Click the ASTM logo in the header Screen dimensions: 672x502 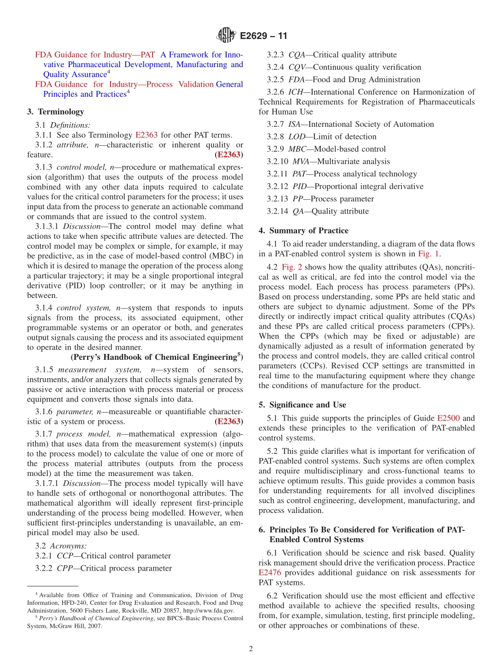[x=226, y=36]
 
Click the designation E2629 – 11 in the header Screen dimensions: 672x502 [x=263, y=36]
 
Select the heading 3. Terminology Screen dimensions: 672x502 [x=55, y=111]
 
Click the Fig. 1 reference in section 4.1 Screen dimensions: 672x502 [x=429, y=254]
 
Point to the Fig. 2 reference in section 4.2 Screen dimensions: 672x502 [x=292, y=267]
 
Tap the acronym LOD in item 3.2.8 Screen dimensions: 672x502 [x=296, y=137]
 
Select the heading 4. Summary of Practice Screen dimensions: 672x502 [x=303, y=231]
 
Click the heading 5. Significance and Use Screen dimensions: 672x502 [x=302, y=405]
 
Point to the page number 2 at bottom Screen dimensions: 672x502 [x=251, y=649]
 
